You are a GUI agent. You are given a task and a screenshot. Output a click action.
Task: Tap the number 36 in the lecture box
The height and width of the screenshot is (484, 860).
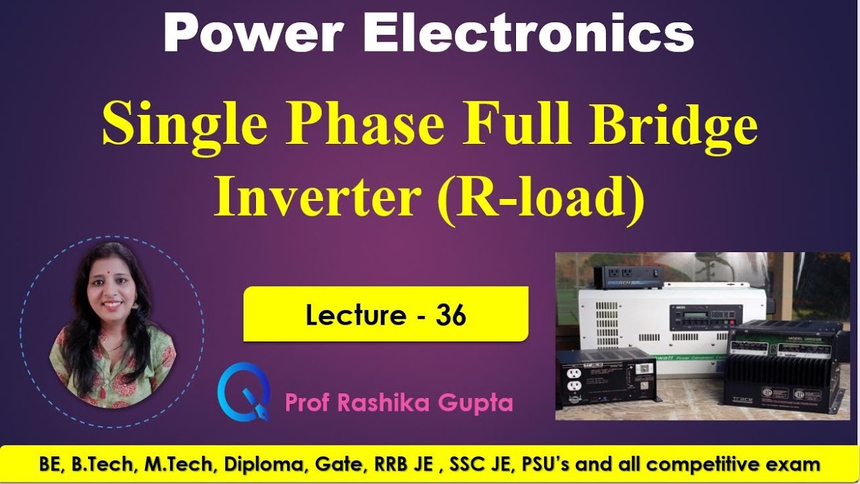[x=451, y=315]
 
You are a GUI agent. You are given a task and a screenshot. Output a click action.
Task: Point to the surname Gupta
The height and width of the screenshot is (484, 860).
[x=479, y=403]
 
